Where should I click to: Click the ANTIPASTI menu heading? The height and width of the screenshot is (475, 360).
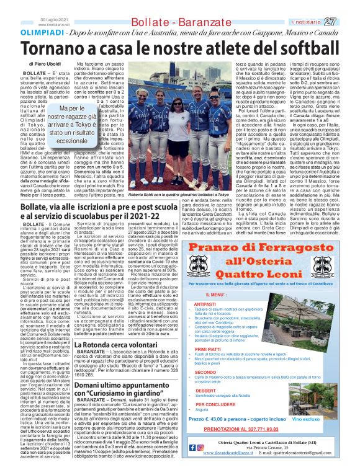coord(205,304)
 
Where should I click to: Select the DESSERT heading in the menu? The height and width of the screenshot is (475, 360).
coord(206,391)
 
